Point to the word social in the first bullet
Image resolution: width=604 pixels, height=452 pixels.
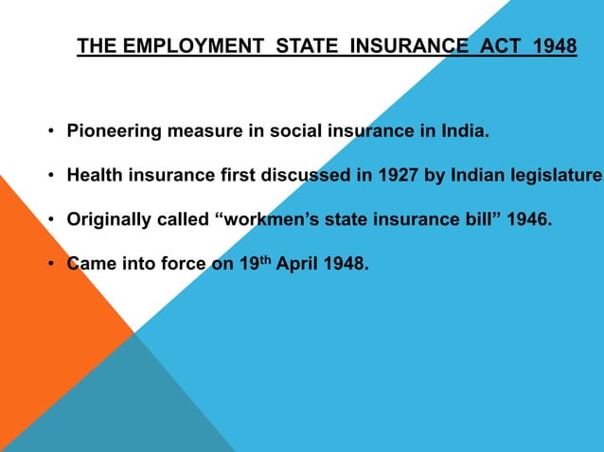293,130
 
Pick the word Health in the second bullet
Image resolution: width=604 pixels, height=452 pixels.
93,175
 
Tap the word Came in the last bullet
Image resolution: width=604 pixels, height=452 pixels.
90,264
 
